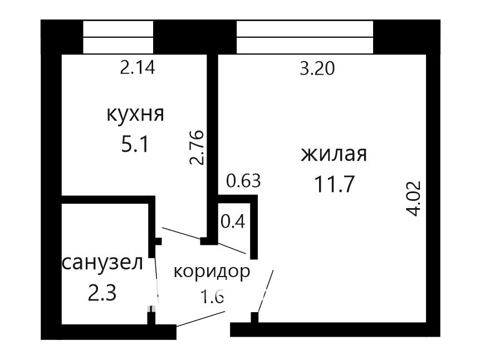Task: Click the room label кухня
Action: click(135, 115)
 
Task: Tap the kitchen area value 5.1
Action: click(135, 144)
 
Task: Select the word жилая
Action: click(334, 154)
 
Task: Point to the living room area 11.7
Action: click(334, 184)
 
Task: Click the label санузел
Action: click(103, 263)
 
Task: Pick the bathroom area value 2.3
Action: click(102, 293)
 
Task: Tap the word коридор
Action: click(212, 272)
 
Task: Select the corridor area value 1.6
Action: click(213, 297)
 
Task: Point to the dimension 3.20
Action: click(317, 68)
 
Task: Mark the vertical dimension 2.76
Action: click(197, 147)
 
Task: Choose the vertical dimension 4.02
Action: click(414, 199)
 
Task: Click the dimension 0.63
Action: click(243, 180)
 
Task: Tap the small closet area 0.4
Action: click(233, 221)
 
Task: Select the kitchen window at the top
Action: click(118, 37)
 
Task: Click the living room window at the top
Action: click(305, 37)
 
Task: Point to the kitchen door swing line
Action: click(181, 233)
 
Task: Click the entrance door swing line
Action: click(201, 319)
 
